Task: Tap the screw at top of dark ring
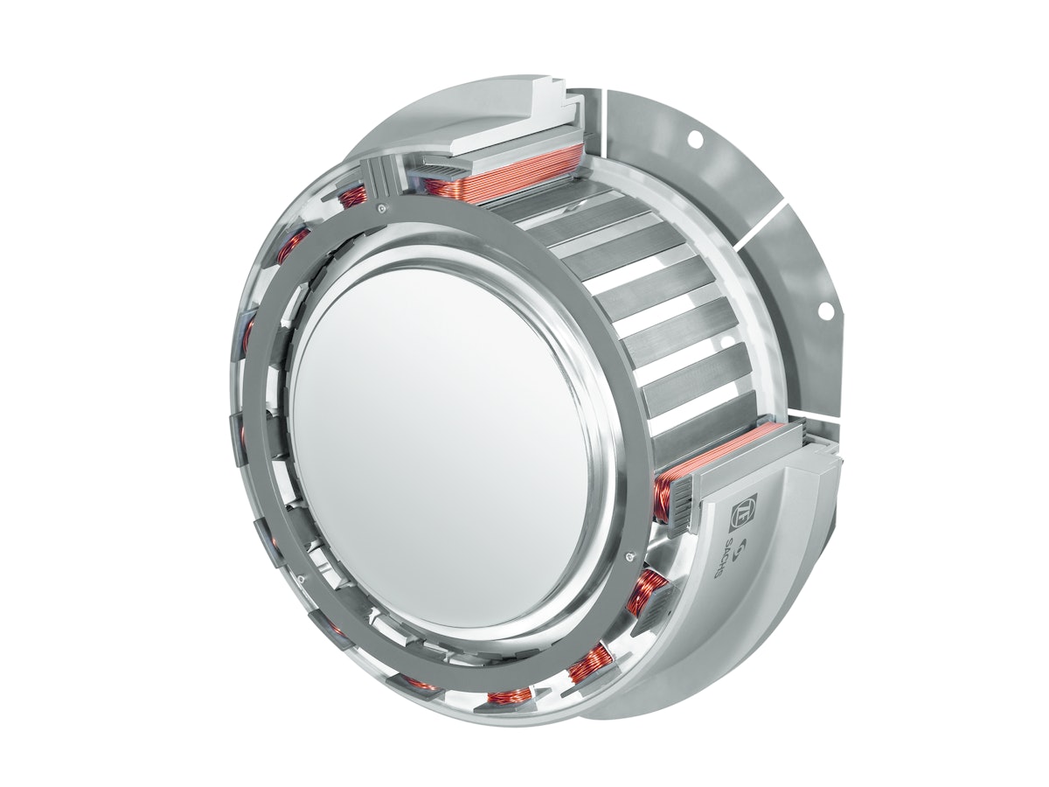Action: [382, 208]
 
